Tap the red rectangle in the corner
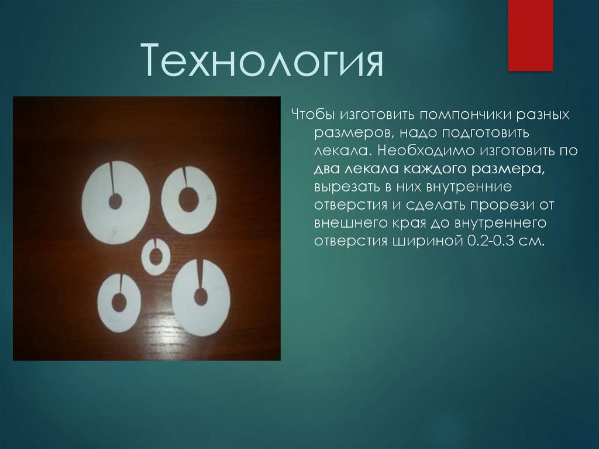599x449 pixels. (x=530, y=35)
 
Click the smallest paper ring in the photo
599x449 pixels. (x=156, y=256)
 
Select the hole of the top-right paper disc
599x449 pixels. (x=188, y=200)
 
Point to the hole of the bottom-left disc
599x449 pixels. (x=119, y=302)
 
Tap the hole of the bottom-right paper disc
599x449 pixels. (x=201, y=296)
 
